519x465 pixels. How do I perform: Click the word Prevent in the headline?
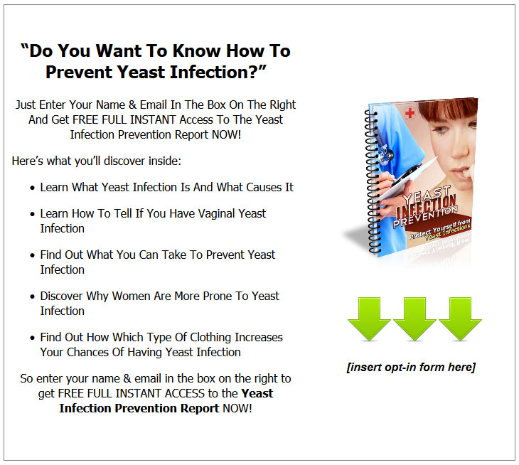coord(79,72)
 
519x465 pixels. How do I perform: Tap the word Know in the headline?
coord(197,50)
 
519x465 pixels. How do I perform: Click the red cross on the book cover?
coord(410,114)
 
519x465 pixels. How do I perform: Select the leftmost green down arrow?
coord(369,319)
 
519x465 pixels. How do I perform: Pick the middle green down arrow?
coord(414,319)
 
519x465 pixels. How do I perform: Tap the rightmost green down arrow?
coord(460,319)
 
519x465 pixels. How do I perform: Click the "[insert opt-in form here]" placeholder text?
coord(411,367)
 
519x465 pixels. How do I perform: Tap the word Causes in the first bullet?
coord(259,187)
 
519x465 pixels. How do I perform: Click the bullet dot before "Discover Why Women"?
coord(32,297)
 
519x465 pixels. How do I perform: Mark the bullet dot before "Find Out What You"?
coord(32,255)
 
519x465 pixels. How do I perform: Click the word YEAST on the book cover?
coord(427,194)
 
